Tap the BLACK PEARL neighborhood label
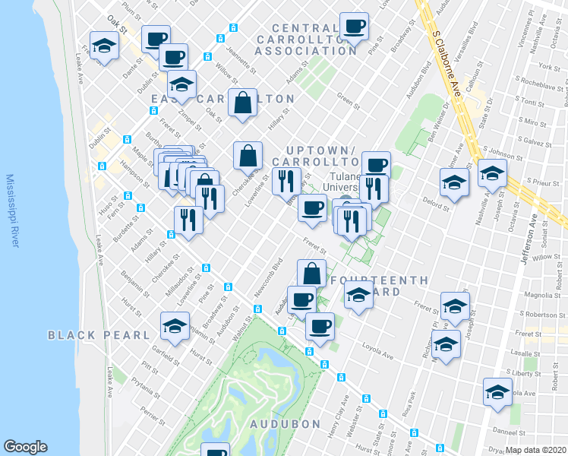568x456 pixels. pyautogui.click(x=99, y=335)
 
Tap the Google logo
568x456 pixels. pyautogui.click(x=25, y=447)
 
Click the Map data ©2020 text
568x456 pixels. pyautogui.click(x=536, y=450)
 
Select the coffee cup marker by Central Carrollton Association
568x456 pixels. pyautogui.click(x=354, y=27)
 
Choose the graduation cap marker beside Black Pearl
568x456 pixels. pyautogui.click(x=175, y=327)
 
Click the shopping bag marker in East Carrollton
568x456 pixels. pyautogui.click(x=241, y=105)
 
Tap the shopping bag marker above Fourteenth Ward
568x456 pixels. pyautogui.click(x=312, y=274)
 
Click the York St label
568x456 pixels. pyautogui.click(x=554, y=68)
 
